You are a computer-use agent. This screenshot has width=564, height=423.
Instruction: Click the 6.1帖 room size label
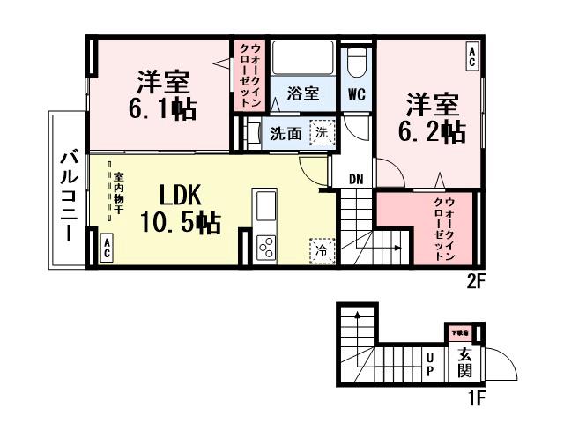click(166, 109)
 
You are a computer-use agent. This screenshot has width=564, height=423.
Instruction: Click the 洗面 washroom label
click(286, 134)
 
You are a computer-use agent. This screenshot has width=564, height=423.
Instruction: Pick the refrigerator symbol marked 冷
click(322, 250)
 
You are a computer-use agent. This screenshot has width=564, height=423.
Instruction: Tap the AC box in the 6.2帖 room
click(472, 57)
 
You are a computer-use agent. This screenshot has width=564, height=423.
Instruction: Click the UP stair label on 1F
click(430, 363)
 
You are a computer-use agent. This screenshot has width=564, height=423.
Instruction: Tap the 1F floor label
click(476, 399)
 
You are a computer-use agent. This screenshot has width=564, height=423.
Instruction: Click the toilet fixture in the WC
click(357, 63)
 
